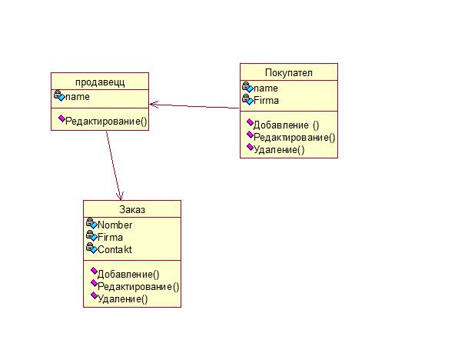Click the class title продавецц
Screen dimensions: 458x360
pyautogui.click(x=100, y=82)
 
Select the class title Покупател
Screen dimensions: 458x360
pyautogui.click(x=289, y=72)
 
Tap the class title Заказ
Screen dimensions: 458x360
pyautogui.click(x=132, y=210)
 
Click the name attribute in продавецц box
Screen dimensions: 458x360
pyautogui.click(x=77, y=96)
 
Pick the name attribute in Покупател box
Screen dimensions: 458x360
pyautogui.click(x=266, y=88)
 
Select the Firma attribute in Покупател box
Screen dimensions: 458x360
pyautogui.click(x=266, y=100)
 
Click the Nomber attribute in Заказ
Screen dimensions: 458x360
pyautogui.click(x=114, y=225)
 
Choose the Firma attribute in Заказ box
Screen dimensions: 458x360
pyautogui.click(x=110, y=237)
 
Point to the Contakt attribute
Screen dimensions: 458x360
pyautogui.click(x=114, y=249)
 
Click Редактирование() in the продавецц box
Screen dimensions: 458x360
pyautogui.click(x=106, y=121)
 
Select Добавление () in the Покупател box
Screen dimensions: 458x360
pyautogui.click(x=286, y=125)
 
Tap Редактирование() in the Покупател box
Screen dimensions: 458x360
pyautogui.click(x=294, y=138)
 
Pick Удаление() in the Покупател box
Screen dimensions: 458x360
pyautogui.click(x=279, y=150)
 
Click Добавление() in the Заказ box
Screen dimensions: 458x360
pyautogui.click(x=128, y=275)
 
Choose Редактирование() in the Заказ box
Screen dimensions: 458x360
pyautogui.click(x=138, y=287)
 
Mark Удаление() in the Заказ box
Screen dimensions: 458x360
pyautogui.click(x=123, y=299)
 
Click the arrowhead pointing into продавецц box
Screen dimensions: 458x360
pyautogui.click(x=154, y=105)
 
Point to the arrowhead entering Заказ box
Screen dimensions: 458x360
pyautogui.click(x=120, y=196)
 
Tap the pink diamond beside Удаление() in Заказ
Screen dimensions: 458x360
pyautogui.click(x=94, y=295)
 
